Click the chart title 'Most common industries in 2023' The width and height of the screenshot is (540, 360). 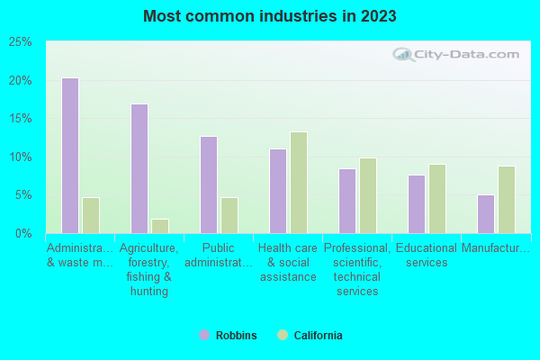coord(269,16)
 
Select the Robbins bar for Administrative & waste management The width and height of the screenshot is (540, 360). coord(69,156)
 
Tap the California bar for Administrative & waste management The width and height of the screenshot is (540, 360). coord(91,215)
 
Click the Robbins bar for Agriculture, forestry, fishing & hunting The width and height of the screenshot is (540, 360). coord(139,168)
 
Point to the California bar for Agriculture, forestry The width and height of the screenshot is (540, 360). coord(160,226)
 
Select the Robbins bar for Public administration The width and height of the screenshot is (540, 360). coord(209,184)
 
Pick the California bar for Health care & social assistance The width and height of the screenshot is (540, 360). coord(299,183)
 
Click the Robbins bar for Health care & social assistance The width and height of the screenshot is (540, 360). coord(278,191)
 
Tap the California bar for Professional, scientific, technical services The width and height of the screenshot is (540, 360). coord(368,195)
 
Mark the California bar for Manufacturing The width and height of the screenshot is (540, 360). coord(507,200)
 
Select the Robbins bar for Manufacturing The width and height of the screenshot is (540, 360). coord(486,214)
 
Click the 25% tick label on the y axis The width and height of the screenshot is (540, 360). coord(20,42)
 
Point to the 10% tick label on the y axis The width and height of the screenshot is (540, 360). coord(20,157)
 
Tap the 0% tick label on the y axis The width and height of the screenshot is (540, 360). coord(23,234)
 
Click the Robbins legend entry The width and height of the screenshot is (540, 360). coord(228,336)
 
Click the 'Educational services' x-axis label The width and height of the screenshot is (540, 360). coord(427,256)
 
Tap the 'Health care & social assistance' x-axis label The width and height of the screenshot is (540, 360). coord(288,262)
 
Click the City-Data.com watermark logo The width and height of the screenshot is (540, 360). coord(459,54)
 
